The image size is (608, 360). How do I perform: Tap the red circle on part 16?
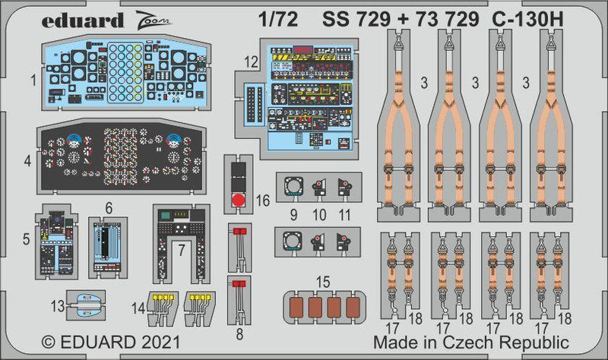click(x=238, y=201)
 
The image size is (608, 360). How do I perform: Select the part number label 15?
click(x=324, y=282)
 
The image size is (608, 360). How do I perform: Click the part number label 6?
click(x=109, y=207)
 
